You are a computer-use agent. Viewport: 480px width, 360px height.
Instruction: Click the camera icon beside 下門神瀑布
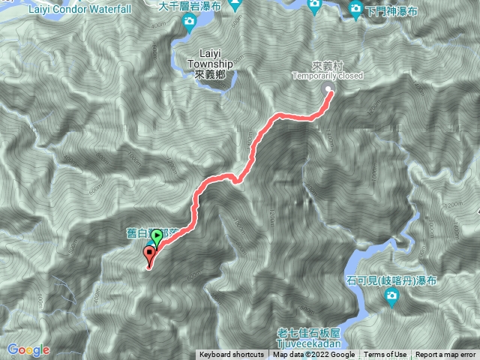(x=358, y=9)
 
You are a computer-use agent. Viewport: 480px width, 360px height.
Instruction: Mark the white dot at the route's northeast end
(x=329, y=91)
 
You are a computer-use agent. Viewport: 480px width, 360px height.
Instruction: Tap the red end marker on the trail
(x=148, y=255)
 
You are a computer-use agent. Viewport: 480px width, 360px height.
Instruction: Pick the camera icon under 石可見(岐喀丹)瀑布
(x=391, y=298)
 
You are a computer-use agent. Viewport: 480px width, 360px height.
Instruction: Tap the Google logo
(x=28, y=349)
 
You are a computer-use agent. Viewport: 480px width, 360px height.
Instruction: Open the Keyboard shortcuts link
(x=231, y=355)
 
